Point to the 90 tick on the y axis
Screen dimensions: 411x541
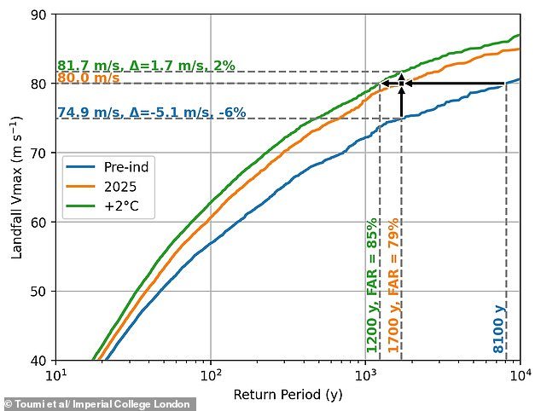pos(41,15)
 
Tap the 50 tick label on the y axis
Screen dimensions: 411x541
pos(41,292)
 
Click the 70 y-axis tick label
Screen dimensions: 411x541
pos(41,153)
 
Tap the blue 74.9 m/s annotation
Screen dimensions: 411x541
pos(151,113)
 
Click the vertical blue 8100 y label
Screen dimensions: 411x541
pos(498,328)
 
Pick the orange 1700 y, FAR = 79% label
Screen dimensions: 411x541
pos(393,286)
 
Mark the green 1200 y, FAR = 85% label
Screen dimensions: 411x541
pos(372,286)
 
